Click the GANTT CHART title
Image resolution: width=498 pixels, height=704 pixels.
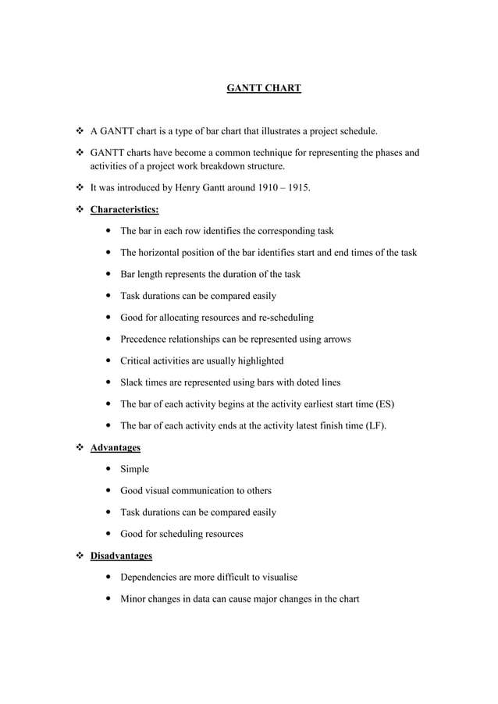263,89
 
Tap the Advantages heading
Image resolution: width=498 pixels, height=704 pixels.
116,448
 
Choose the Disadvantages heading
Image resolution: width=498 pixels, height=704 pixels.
121,556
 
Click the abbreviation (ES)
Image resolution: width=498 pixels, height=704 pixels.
385,404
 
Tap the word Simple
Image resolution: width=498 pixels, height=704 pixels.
134,469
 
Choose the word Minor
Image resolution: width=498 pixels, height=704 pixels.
133,599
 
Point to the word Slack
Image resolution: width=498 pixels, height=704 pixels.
133,382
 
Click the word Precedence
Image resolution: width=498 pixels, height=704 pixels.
147,340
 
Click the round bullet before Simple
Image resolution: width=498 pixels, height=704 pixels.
105,469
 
